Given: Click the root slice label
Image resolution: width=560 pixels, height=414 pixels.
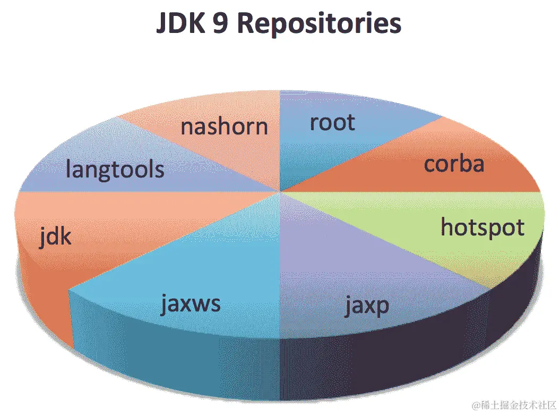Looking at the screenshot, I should (x=332, y=122).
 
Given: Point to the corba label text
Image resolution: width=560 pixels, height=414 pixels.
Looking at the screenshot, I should (x=454, y=164).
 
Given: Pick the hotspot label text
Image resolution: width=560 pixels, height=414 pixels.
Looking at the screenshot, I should (x=483, y=227).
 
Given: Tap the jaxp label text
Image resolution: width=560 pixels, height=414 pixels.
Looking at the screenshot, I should (x=366, y=306).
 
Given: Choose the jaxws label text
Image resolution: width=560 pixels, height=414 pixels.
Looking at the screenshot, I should (x=191, y=305).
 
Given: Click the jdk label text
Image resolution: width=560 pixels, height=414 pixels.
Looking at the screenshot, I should (x=55, y=235).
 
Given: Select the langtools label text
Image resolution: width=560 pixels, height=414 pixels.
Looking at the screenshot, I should (x=115, y=170).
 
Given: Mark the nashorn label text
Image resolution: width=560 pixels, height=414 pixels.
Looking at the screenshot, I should (x=224, y=127).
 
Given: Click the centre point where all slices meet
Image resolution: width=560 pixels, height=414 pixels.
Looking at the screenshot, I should (x=280, y=191).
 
